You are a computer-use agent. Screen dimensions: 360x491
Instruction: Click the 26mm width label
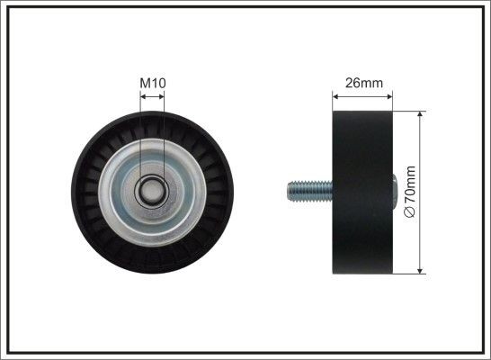coord(365,84)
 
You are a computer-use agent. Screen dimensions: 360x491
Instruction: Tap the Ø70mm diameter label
coord(412,192)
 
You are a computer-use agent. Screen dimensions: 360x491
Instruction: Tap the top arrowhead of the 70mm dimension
coord(421,116)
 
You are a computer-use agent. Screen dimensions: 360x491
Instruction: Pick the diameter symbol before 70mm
coord(412,211)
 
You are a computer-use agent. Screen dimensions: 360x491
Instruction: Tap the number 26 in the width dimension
coord(353,84)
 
